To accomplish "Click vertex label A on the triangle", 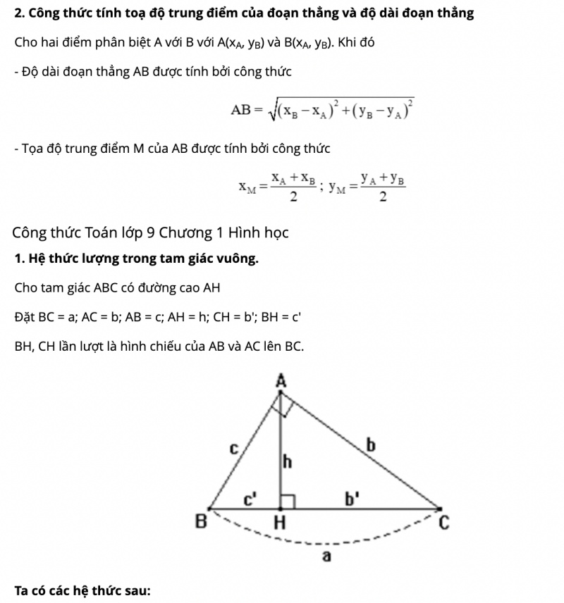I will [x=281, y=381].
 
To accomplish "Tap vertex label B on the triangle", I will [x=201, y=523].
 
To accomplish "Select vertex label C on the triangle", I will [x=443, y=523].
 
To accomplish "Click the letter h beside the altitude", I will [x=287, y=462].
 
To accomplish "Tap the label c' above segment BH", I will [x=250, y=500].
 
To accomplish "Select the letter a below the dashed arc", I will [x=326, y=557].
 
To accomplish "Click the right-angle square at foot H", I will [x=287, y=501].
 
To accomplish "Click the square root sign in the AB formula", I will [x=272, y=110].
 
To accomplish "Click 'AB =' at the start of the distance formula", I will [x=247, y=110].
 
